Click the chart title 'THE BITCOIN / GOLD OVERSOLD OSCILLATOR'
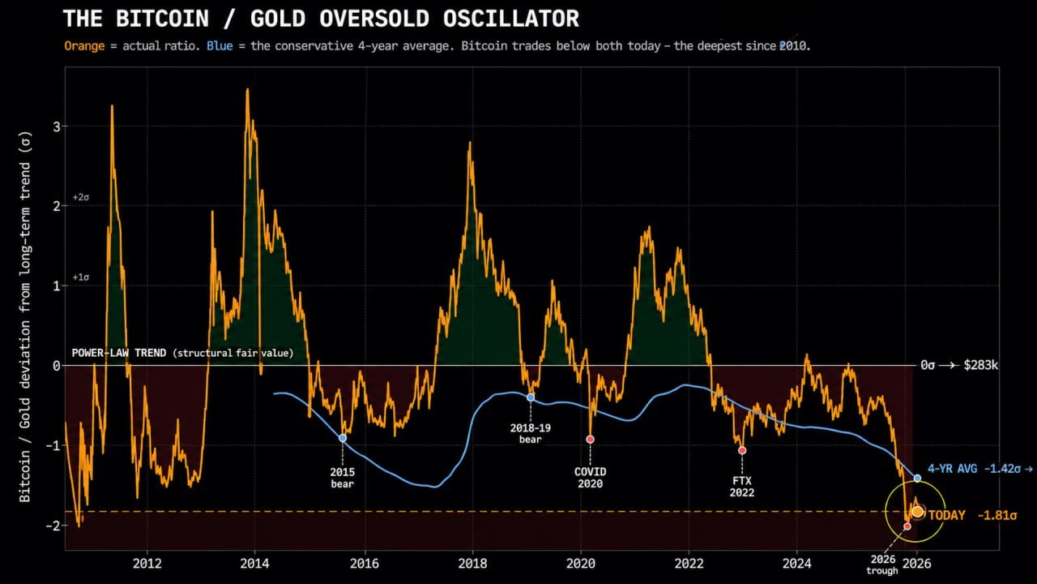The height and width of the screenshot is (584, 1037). tap(321, 19)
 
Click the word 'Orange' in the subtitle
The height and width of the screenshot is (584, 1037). tap(84, 46)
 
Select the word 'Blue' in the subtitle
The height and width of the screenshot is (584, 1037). tap(220, 46)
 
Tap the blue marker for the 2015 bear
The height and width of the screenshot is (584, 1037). tap(343, 438)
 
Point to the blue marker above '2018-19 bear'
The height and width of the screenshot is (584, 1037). tap(531, 397)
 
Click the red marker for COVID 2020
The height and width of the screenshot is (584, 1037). tap(590, 439)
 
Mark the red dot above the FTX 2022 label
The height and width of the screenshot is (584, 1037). tap(742, 450)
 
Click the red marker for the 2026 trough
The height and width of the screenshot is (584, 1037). tap(907, 526)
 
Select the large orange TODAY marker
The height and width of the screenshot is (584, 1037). tap(918, 512)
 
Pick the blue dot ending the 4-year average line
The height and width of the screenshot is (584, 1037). tap(917, 478)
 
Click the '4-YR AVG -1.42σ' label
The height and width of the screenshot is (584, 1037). tap(974, 469)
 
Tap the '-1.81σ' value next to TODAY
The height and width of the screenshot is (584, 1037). tap(997, 515)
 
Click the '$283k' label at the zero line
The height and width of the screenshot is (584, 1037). tap(980, 365)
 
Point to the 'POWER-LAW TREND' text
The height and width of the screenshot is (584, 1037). tap(119, 353)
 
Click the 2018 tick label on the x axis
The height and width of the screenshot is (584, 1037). tap(472, 563)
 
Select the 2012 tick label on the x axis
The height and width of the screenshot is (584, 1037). tap(147, 563)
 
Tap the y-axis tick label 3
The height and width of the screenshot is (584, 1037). tap(57, 126)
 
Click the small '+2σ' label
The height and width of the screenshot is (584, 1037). tap(80, 197)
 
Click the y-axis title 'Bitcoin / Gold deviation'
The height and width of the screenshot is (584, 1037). tap(25, 399)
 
